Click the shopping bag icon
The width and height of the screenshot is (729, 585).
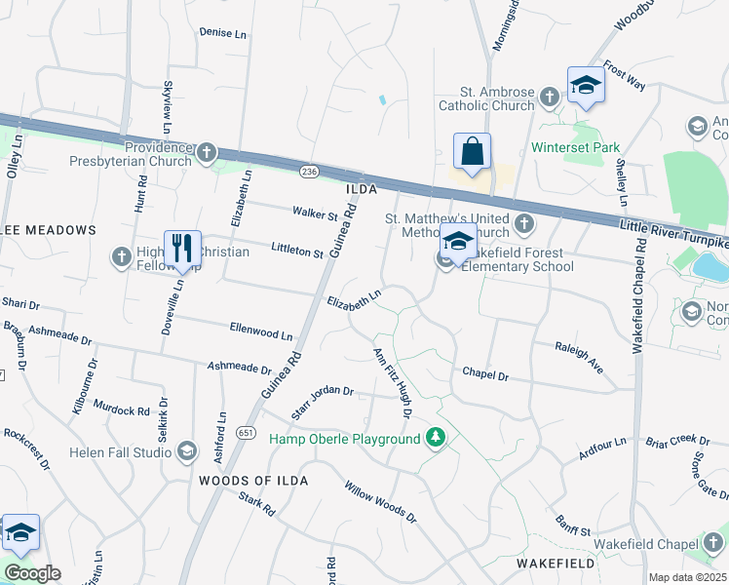(x=472, y=153)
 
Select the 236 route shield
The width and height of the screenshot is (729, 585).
(x=309, y=172)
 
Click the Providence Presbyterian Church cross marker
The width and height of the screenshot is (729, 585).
(x=206, y=152)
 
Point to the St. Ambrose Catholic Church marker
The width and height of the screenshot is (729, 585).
(x=550, y=96)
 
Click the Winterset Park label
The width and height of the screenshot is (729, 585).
(x=576, y=148)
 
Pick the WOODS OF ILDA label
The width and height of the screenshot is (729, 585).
(x=253, y=481)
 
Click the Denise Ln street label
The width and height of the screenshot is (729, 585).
(x=223, y=32)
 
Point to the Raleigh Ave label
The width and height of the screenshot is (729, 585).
(x=579, y=358)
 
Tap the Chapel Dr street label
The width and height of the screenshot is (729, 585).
(x=485, y=373)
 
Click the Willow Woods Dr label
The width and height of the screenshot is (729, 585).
(x=380, y=501)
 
